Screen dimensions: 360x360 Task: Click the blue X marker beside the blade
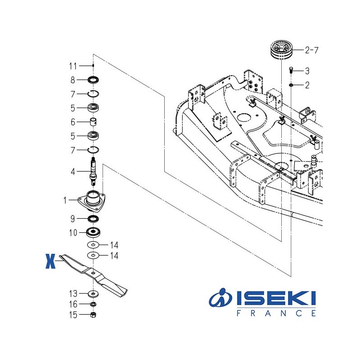tap(50, 261)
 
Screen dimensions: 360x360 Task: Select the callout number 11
tap(73, 66)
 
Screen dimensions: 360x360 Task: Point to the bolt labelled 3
tap(291, 70)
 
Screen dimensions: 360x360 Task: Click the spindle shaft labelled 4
tap(93, 171)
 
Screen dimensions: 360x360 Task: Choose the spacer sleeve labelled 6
tap(93, 121)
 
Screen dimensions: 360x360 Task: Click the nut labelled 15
tap(93, 315)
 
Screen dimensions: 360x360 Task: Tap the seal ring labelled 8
tap(93, 80)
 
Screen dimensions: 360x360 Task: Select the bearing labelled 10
tap(93, 232)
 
